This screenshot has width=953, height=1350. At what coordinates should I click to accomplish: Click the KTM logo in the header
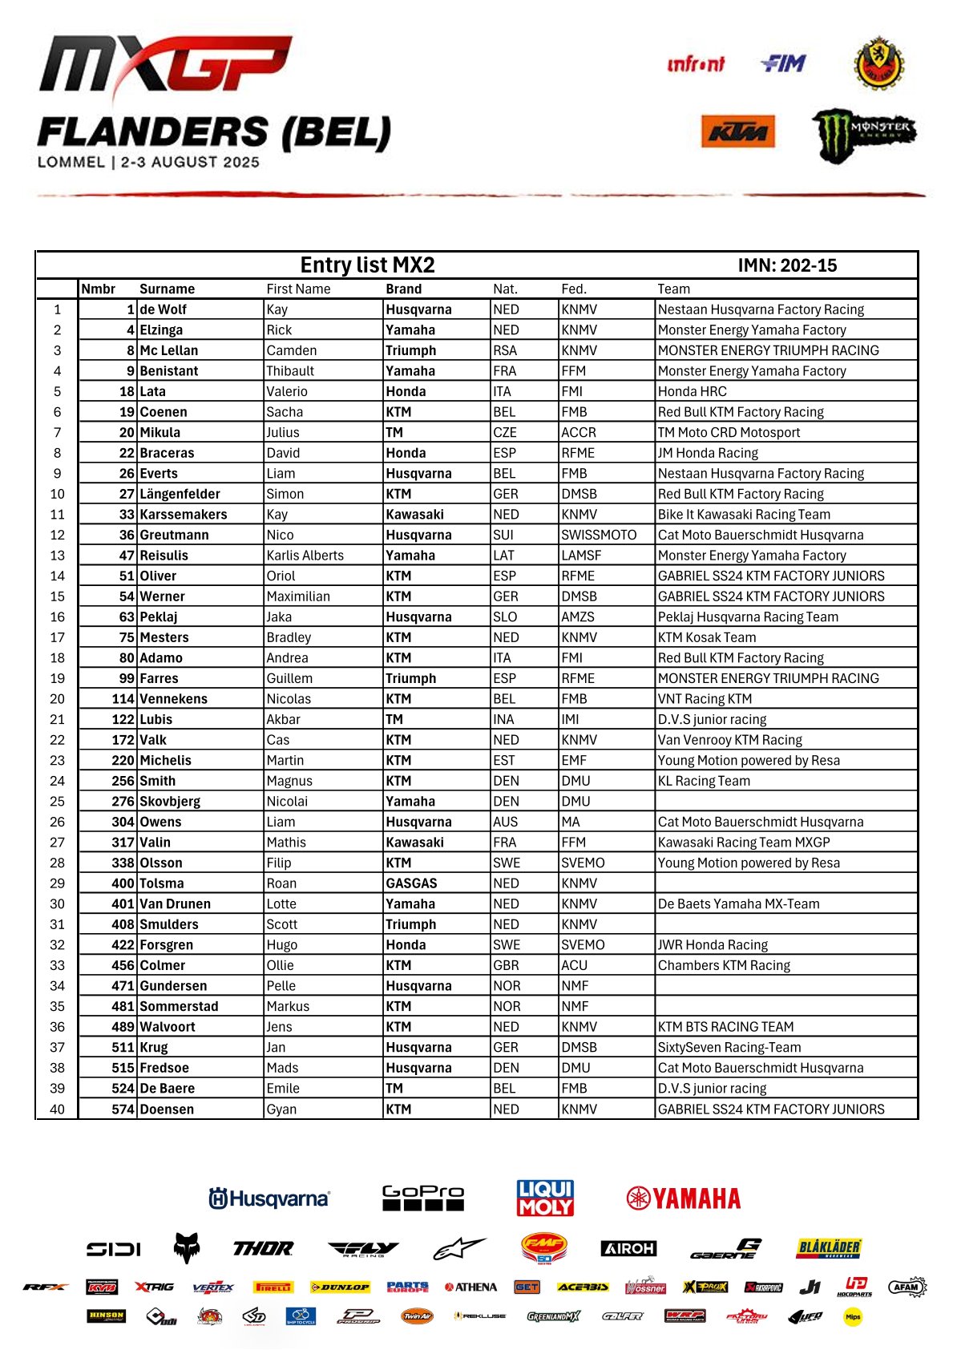(737, 131)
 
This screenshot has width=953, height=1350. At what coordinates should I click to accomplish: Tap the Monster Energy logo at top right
(863, 133)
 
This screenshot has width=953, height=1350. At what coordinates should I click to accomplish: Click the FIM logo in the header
(782, 63)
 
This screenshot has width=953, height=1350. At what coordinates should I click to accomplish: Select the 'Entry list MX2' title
(367, 265)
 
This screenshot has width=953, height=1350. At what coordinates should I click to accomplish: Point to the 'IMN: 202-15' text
(787, 265)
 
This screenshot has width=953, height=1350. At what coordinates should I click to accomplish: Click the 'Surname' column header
(167, 289)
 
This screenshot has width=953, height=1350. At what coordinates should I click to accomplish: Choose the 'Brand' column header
(403, 289)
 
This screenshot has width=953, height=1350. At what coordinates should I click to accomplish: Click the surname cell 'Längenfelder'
(180, 494)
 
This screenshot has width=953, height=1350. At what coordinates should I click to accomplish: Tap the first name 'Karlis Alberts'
(305, 556)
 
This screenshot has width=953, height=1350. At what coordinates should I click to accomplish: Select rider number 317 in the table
(123, 843)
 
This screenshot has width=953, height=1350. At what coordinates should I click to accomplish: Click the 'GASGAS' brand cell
(411, 883)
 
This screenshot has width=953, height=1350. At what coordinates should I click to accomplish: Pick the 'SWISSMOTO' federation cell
(599, 535)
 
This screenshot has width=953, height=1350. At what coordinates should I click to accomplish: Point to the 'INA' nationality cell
(503, 720)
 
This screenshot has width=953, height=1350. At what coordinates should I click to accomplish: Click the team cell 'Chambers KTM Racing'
(724, 965)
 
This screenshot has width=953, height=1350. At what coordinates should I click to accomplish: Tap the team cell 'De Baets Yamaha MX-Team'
(738, 904)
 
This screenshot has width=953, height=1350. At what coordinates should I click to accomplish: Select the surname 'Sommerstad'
(179, 1006)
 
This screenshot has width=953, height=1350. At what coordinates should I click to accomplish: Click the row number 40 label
(57, 1109)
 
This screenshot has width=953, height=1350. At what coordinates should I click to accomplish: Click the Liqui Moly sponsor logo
(545, 1198)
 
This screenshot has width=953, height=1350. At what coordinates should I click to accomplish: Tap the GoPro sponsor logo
(422, 1198)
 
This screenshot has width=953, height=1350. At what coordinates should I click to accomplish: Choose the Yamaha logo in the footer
(684, 1198)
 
